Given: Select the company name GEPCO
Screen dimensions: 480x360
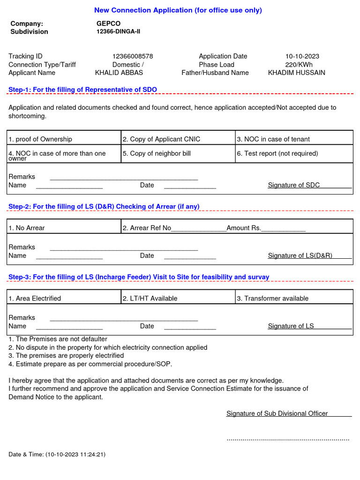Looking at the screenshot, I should pos(108,23).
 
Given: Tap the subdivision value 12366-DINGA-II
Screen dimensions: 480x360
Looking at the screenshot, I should pos(118,31).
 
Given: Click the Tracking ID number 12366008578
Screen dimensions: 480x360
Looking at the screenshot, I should pos(132,56).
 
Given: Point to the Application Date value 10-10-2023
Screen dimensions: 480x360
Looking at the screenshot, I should pos(302,56).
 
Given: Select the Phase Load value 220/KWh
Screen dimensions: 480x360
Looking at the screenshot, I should pos(299,65).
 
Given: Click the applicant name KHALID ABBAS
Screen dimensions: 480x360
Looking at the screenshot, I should pos(119,73).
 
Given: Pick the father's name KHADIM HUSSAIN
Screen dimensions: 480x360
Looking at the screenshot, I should pos(296,73).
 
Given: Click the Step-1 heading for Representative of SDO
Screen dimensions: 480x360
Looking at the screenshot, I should pos(82,90).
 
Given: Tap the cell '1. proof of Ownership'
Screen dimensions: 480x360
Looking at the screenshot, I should pos(40,139).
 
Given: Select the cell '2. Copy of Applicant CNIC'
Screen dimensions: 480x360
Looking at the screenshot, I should pos(161,139).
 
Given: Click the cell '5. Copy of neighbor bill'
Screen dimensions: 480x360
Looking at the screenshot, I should pos(157,153).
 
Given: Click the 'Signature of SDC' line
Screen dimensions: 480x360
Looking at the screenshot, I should pos(294,185).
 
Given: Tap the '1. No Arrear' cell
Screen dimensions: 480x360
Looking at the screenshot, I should pos(27,228).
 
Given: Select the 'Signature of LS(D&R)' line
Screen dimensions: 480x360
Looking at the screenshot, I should pos(300,255).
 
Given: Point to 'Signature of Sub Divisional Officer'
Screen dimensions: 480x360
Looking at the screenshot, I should pos(277,413).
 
